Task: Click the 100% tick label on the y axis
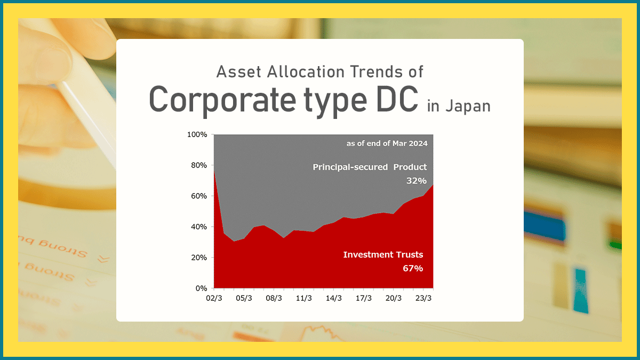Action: (x=197, y=134)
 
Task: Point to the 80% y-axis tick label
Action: (x=199, y=165)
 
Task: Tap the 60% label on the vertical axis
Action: (x=199, y=196)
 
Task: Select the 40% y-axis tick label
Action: (x=199, y=227)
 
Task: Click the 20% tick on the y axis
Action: (x=199, y=258)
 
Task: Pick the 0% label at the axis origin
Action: (x=201, y=289)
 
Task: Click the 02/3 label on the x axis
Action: (x=214, y=298)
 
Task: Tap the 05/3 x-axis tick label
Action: (x=244, y=298)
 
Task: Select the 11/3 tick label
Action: (x=303, y=298)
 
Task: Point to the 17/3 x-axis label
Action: (x=364, y=298)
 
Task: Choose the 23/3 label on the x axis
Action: (x=423, y=298)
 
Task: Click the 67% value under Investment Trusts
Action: (x=413, y=268)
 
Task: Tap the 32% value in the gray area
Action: (x=417, y=181)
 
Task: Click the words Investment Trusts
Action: (x=383, y=254)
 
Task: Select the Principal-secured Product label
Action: (x=370, y=167)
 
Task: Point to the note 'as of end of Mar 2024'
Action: (x=387, y=143)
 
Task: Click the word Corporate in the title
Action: (x=222, y=100)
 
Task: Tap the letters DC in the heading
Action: (x=397, y=99)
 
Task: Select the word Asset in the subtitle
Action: (x=238, y=71)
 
